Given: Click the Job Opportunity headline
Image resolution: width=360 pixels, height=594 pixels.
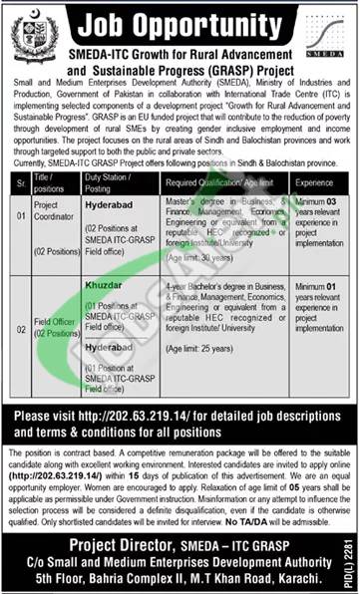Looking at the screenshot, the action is (184, 23).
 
